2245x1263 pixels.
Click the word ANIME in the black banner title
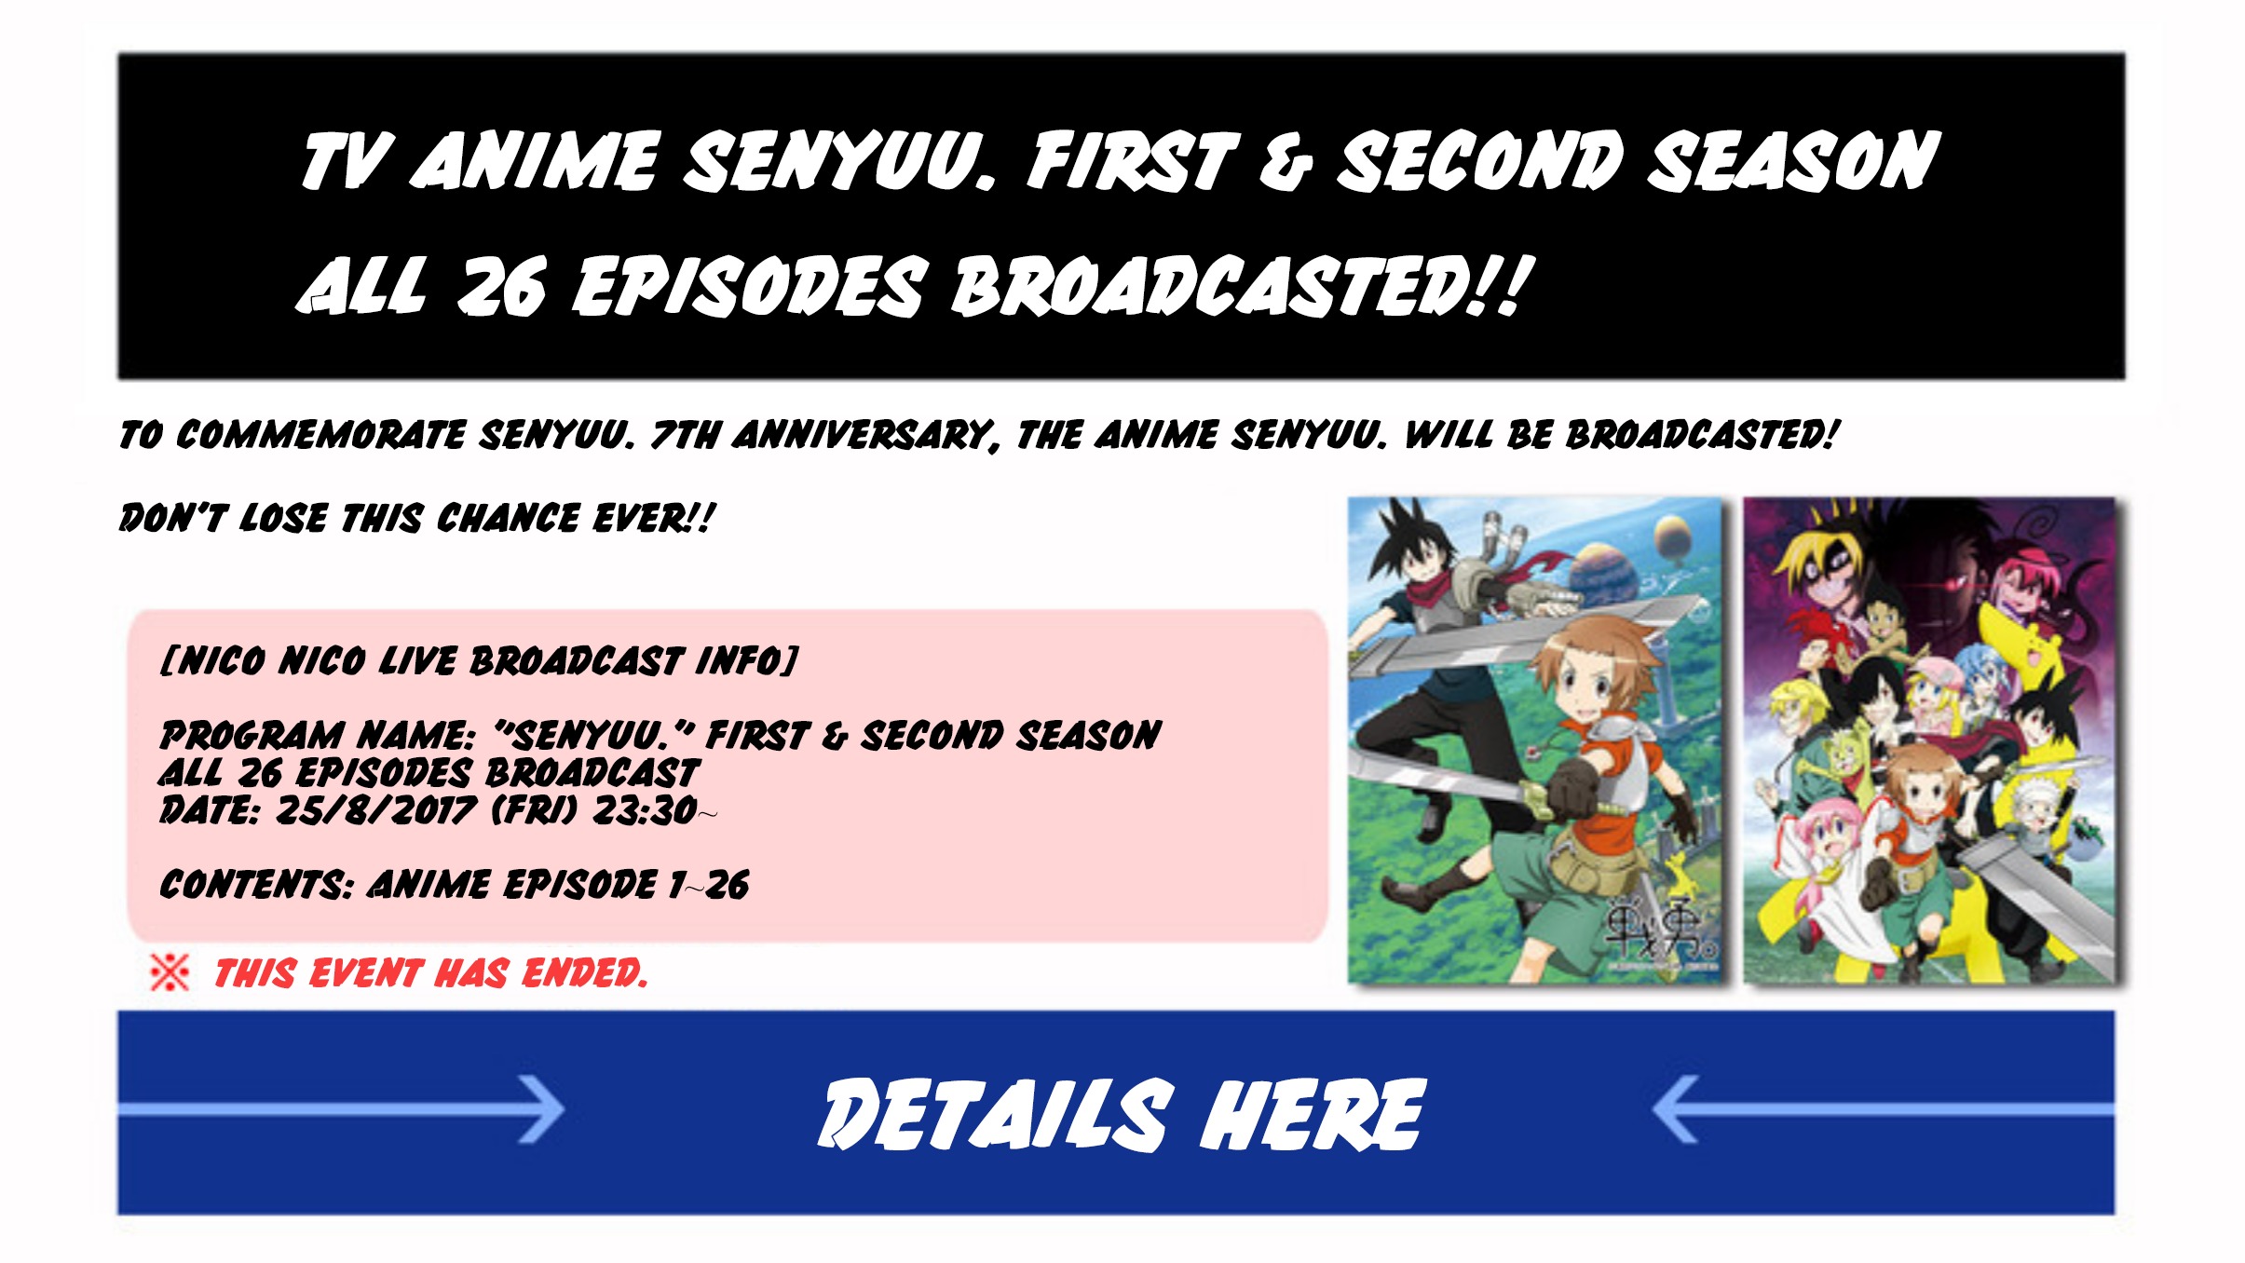click(x=535, y=160)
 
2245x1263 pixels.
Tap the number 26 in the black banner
click(x=500, y=286)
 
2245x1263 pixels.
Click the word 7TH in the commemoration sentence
click(x=685, y=434)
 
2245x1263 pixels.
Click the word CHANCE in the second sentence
click(x=508, y=518)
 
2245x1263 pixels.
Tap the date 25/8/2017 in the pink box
click(x=376, y=809)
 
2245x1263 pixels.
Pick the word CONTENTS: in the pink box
click(x=256, y=884)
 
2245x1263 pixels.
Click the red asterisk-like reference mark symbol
click(x=170, y=972)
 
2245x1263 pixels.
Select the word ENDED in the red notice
click(x=584, y=973)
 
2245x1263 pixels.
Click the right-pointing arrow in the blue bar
click(x=341, y=1108)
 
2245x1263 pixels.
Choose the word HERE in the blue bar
click(x=1313, y=1114)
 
